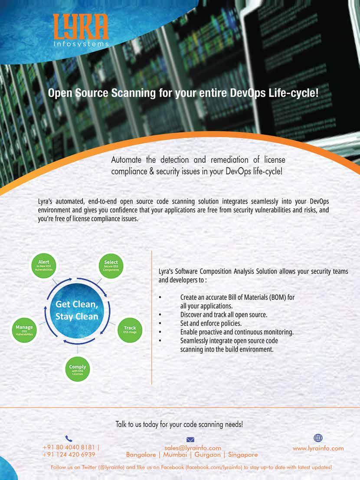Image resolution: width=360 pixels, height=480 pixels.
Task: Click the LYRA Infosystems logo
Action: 81,30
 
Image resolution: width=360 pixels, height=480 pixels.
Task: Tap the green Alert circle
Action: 44,266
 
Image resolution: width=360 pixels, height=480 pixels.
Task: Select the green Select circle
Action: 111,266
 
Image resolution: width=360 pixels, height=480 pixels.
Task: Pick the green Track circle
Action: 130,330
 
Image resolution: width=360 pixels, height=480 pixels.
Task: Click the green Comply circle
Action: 78,369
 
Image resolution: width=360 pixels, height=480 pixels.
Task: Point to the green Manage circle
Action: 24,330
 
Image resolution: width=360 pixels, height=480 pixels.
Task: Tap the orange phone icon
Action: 69,439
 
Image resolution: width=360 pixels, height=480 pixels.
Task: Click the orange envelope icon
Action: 190,440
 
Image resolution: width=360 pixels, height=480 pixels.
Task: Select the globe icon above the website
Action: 318,438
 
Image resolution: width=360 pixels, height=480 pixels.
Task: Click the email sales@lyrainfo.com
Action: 193,448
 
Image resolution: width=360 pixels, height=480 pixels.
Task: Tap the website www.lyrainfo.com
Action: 318,448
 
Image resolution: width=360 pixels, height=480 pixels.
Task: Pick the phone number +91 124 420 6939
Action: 69,454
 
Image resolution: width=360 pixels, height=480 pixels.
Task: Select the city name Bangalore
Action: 141,455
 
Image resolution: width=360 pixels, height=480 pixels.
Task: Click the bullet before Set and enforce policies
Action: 160,323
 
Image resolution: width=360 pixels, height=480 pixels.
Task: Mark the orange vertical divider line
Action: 152,317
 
